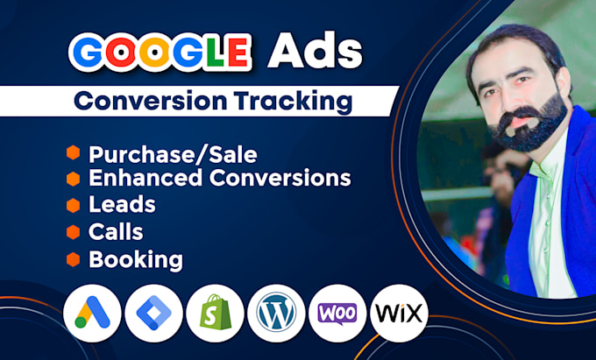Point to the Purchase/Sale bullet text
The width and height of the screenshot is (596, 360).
pos(173,155)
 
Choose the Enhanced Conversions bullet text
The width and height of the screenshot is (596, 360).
pos(219,179)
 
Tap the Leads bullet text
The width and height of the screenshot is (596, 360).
pos(122,205)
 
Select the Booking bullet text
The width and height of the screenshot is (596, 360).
pos(136,259)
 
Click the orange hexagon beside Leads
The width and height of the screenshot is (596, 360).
pos(73,205)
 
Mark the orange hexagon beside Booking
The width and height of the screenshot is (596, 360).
pos(73,259)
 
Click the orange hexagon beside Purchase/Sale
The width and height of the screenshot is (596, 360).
pos(73,154)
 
